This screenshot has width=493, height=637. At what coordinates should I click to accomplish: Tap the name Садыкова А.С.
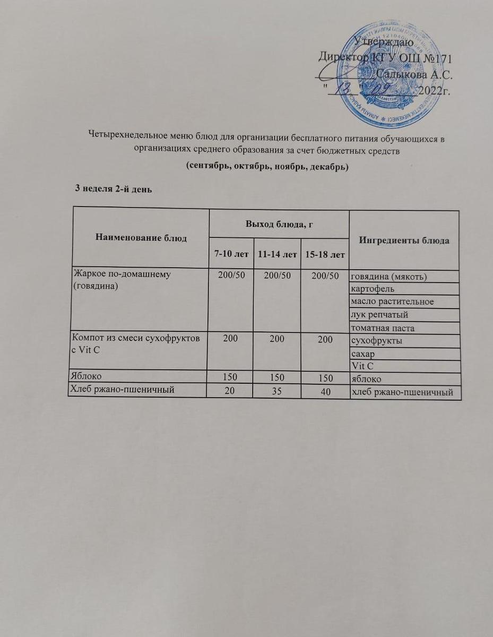pyautogui.click(x=413, y=75)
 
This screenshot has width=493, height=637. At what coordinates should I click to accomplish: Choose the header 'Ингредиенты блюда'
pyautogui.click(x=404, y=240)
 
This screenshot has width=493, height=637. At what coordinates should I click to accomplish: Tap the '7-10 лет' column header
pyautogui.click(x=231, y=255)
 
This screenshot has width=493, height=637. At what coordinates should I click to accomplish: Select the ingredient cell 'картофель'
pyautogui.click(x=374, y=289)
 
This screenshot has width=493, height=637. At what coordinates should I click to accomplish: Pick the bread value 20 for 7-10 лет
pyautogui.click(x=231, y=392)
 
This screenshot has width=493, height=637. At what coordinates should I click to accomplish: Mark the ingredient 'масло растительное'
pyautogui.click(x=392, y=302)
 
